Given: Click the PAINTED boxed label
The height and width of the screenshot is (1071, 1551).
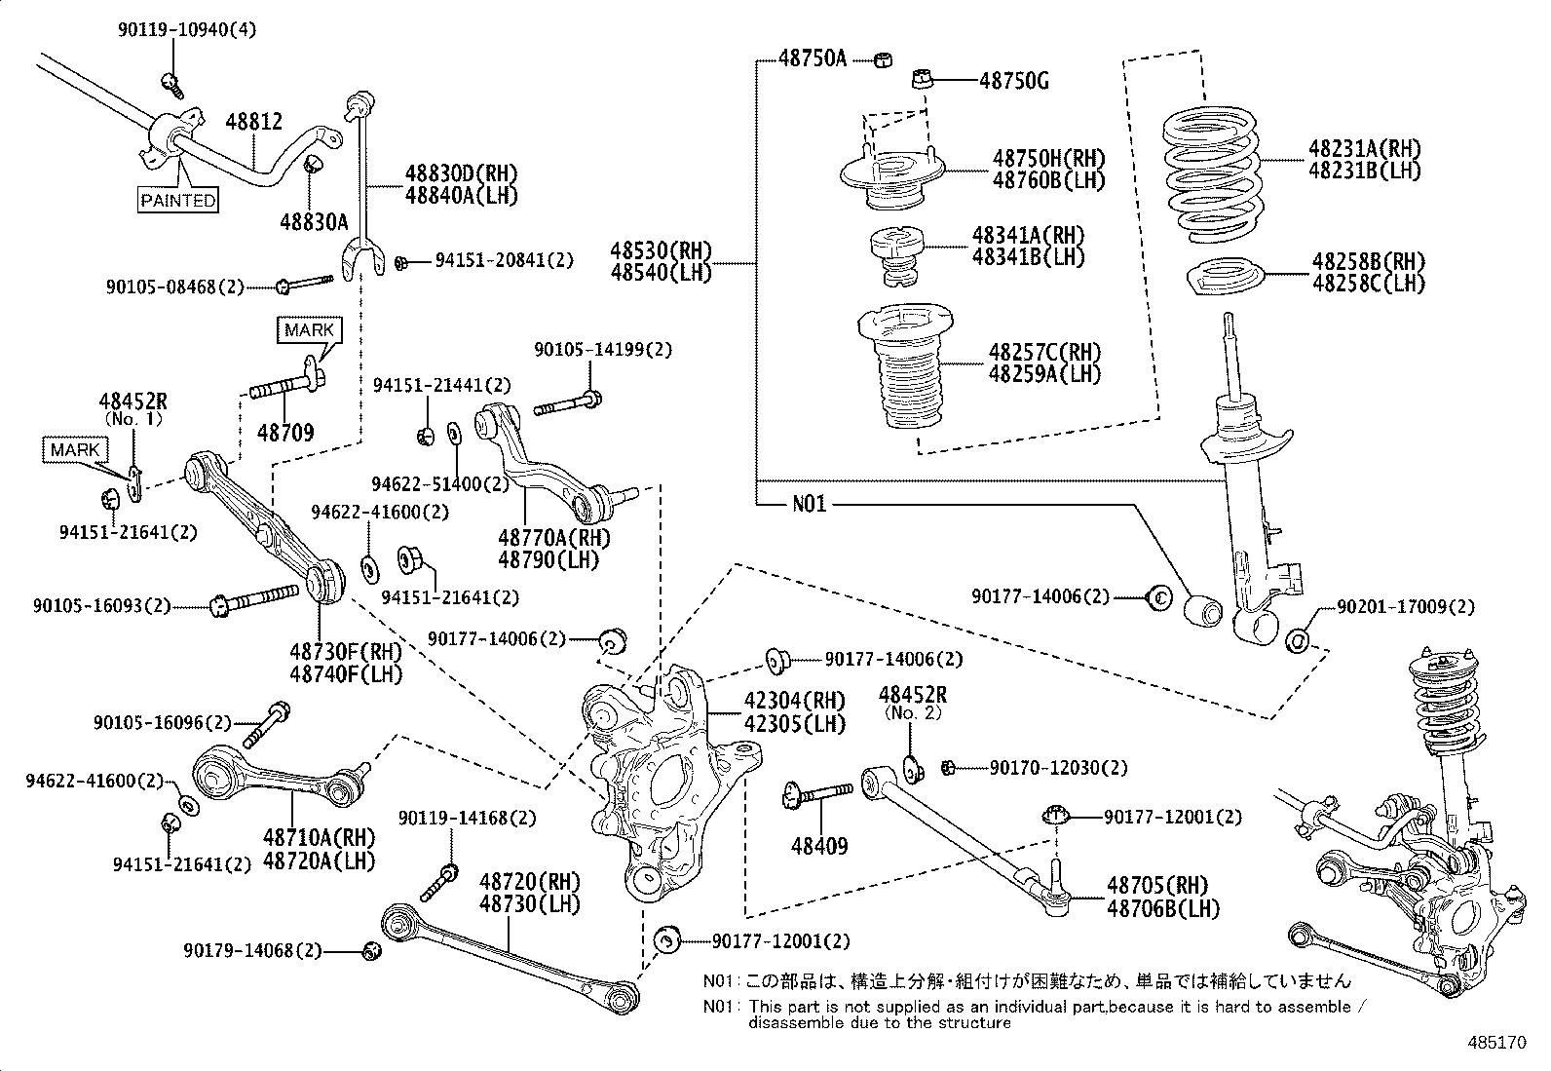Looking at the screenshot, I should [177, 201].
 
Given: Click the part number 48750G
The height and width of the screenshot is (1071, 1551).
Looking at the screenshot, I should [1013, 80].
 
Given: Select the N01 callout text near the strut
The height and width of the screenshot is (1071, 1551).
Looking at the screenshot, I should [809, 504].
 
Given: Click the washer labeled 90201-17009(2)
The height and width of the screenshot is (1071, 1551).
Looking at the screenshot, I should [1299, 640].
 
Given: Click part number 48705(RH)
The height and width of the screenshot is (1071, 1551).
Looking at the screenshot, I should [1156, 886].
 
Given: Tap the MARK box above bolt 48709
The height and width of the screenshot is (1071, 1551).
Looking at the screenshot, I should [309, 330].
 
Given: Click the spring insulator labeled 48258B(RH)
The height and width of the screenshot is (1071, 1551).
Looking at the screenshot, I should [1224, 277].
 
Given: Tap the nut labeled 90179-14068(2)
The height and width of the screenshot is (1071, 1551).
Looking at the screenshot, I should [370, 951].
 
